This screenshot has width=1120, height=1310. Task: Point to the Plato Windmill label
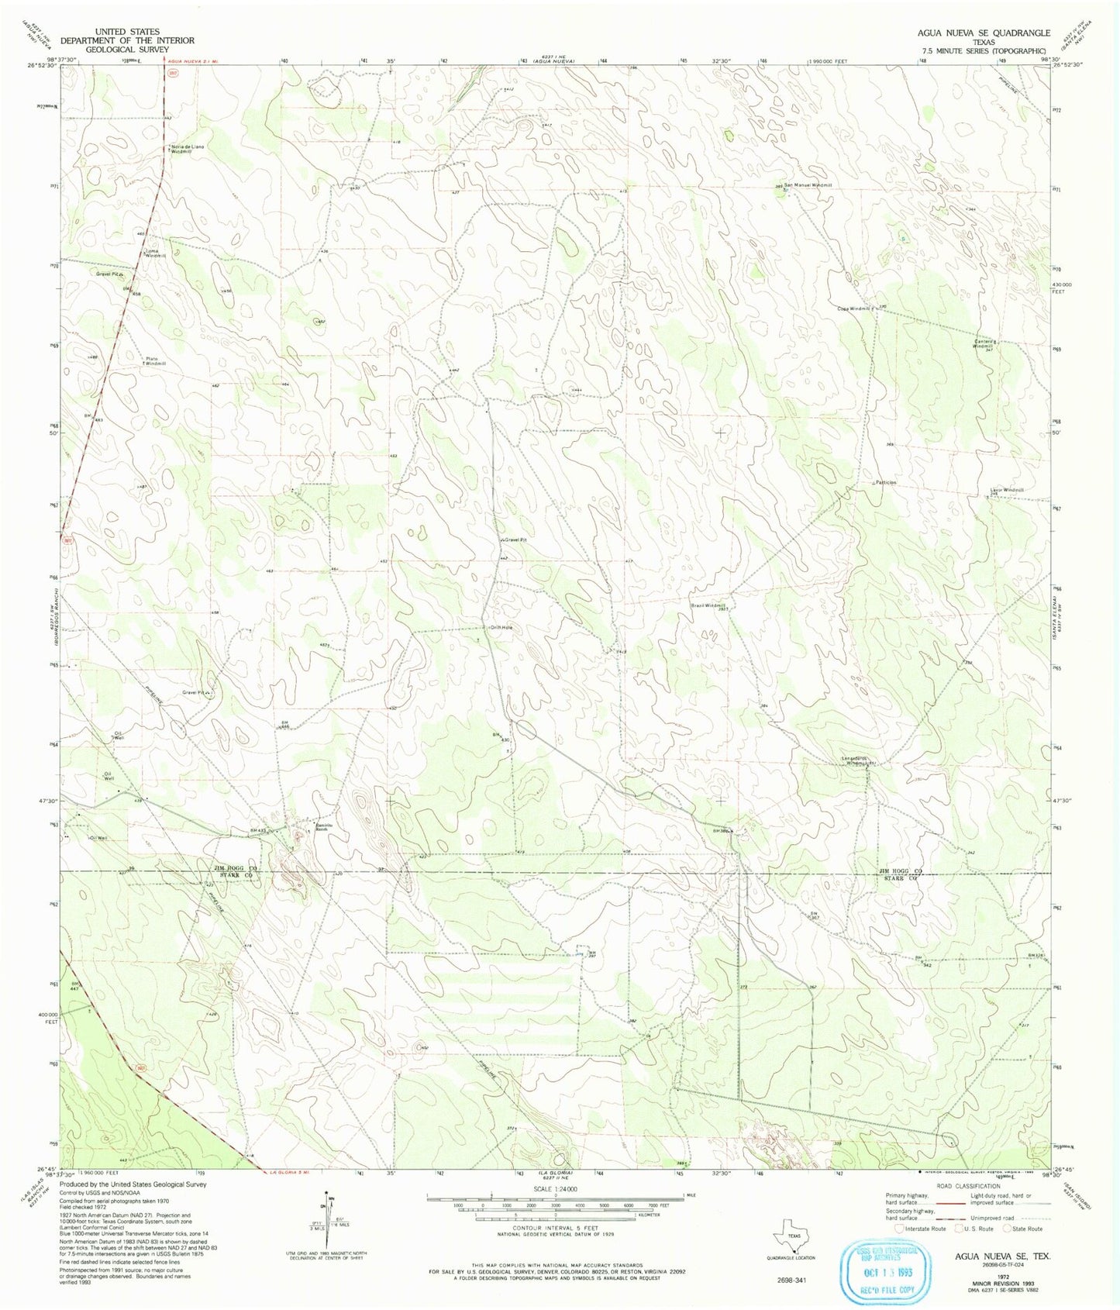coord(156,360)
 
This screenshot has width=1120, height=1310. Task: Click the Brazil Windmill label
coord(708,605)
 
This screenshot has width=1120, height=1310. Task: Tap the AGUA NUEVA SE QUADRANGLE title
coord(984,33)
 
